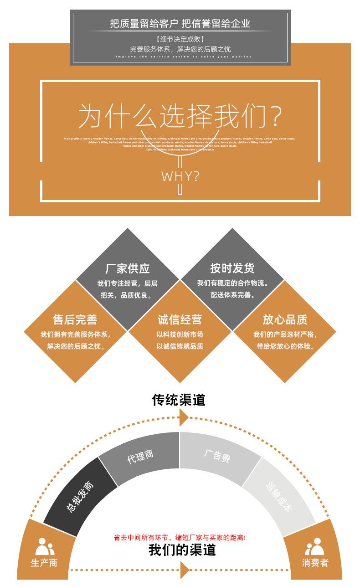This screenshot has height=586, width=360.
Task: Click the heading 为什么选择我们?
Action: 180,116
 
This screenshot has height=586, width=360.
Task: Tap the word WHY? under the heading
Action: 180,176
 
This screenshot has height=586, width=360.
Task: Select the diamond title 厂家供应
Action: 128,268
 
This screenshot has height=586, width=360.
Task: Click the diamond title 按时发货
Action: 232,268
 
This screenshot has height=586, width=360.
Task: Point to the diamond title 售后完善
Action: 75,320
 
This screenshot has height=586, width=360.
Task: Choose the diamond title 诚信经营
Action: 180,320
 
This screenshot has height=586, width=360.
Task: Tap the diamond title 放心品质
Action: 285,320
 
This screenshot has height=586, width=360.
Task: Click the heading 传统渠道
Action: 179,400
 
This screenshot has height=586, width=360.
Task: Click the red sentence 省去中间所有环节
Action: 180,538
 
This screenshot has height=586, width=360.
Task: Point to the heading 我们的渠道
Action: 182,550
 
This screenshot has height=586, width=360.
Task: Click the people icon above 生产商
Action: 44,546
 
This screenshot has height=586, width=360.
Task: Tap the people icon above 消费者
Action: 314,546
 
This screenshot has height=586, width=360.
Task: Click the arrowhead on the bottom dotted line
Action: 185,570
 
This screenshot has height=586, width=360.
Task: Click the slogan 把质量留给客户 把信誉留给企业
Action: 180,24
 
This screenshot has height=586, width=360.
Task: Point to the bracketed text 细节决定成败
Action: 180,40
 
